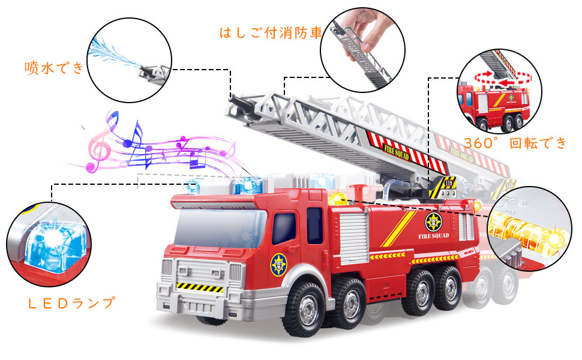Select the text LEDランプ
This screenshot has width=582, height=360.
pyautogui.click(x=71, y=303)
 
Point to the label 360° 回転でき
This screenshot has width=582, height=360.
pyautogui.click(x=515, y=143)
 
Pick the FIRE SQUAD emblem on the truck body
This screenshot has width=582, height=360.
pyautogui.click(x=434, y=222)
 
